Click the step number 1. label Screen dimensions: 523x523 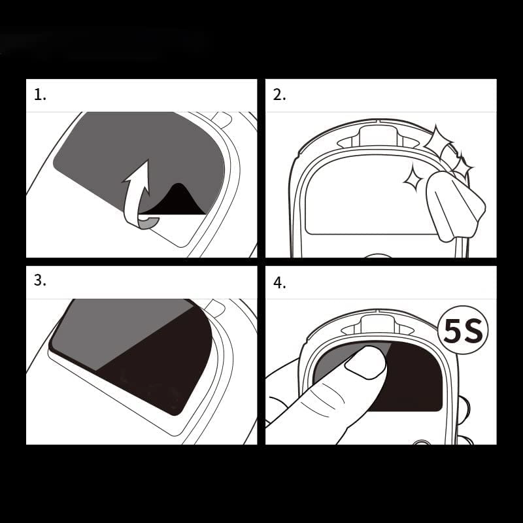[41, 95]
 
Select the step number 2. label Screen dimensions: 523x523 [279, 95]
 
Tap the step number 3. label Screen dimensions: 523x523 [41, 280]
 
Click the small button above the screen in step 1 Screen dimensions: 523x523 [221, 120]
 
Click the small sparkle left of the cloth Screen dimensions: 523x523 [413, 177]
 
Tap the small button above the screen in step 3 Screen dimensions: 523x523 [214, 307]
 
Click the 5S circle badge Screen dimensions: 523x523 [463, 331]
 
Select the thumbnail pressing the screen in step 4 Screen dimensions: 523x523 [366, 362]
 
